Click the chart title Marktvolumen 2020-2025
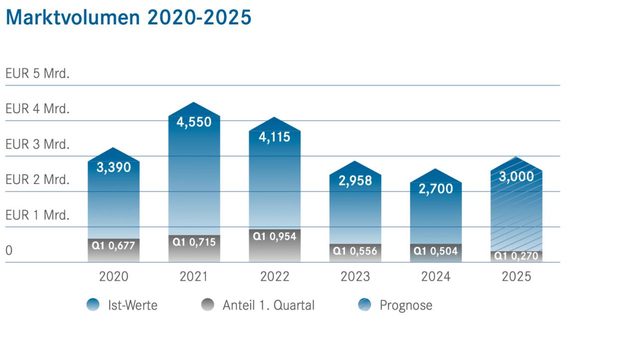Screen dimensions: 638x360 coord(129,17)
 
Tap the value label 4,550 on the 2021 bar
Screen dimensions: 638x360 coord(194,122)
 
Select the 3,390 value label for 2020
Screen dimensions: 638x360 coord(114,167)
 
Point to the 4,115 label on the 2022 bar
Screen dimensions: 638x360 coord(274,137)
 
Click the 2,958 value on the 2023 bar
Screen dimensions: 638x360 coord(355,180)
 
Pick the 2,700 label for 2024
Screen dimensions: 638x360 coord(436,189)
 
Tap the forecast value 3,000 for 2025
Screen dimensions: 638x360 coord(516,177)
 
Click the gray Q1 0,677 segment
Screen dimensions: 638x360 coord(113,250)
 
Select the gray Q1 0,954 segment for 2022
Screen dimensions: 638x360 coord(275,245)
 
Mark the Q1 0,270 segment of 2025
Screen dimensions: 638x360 coord(516,257)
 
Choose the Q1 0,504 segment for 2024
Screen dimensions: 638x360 coord(436,253)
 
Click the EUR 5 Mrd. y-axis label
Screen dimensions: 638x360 coord(37,73)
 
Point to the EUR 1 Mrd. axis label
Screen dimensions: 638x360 coord(37,215)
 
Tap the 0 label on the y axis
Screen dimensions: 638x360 coord(9,251)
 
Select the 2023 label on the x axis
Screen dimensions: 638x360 coord(355,277)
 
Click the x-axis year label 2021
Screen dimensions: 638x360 coord(194,277)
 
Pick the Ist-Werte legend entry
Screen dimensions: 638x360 coord(122,305)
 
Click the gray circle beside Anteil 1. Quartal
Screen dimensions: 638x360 coord(208,305)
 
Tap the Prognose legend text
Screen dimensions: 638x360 coord(406,305)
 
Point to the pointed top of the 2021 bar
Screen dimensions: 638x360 coord(194,102)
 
